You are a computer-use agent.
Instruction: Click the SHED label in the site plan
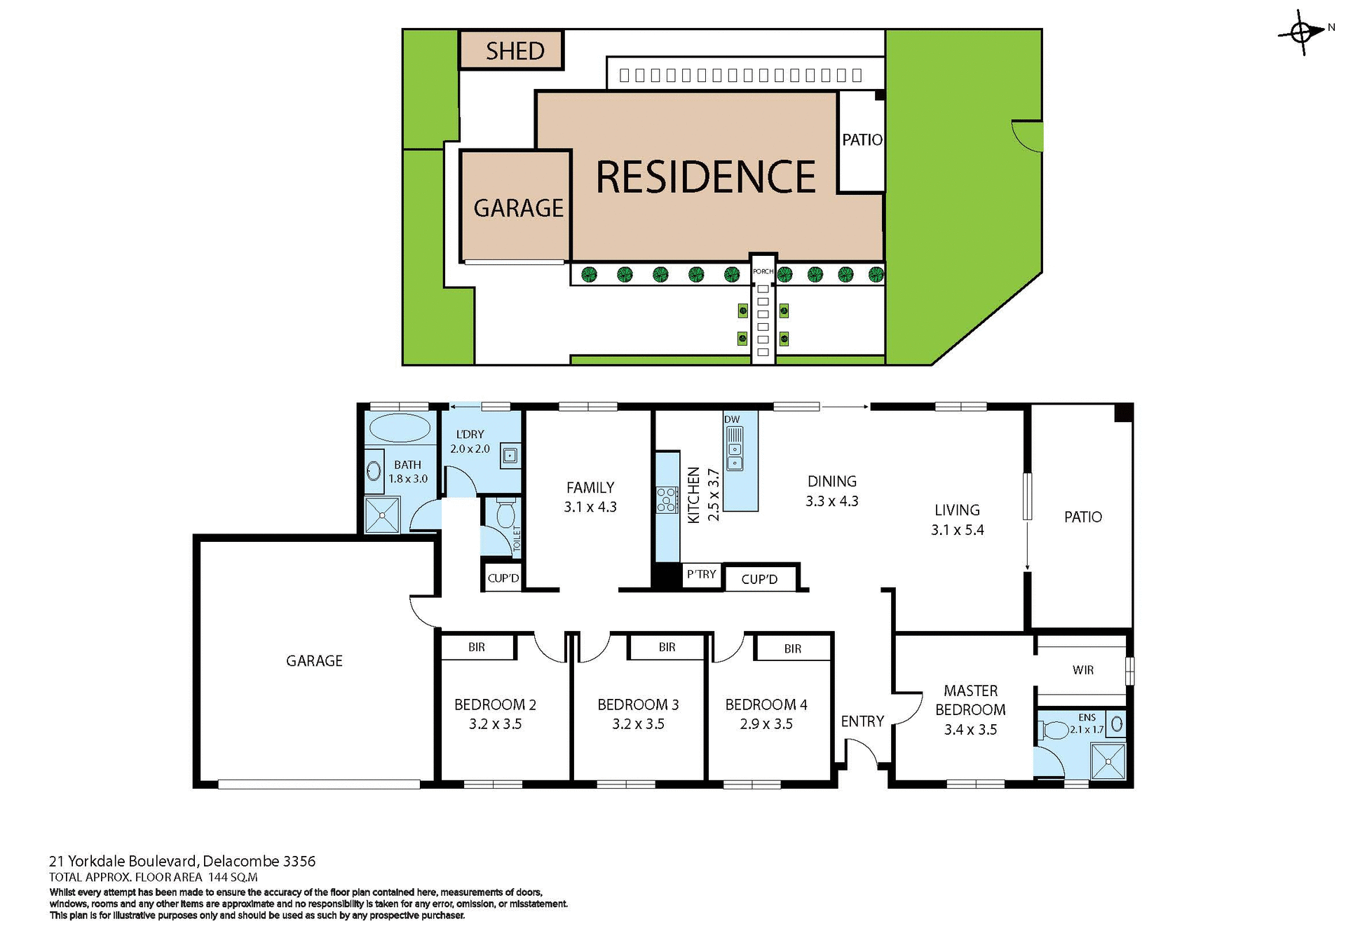click(515, 51)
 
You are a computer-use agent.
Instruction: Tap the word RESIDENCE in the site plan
click(705, 177)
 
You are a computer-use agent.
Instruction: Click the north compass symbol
click(1303, 32)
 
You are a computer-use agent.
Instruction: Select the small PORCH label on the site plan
click(763, 271)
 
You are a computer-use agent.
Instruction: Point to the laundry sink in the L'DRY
click(510, 456)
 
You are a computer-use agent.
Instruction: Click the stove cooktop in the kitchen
click(667, 500)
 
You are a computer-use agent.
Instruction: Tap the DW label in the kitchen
click(732, 419)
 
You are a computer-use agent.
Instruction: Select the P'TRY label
click(701, 574)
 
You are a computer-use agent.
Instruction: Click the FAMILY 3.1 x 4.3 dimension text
click(590, 507)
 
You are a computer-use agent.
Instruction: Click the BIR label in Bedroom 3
click(667, 647)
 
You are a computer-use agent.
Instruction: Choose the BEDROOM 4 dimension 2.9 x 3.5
click(766, 724)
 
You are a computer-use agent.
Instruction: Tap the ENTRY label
click(862, 721)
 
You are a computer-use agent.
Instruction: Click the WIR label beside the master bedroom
click(1082, 670)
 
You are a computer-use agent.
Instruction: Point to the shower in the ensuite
click(1108, 762)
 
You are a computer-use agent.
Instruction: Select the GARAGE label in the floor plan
click(314, 660)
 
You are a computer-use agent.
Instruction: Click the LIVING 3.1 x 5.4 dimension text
click(957, 530)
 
